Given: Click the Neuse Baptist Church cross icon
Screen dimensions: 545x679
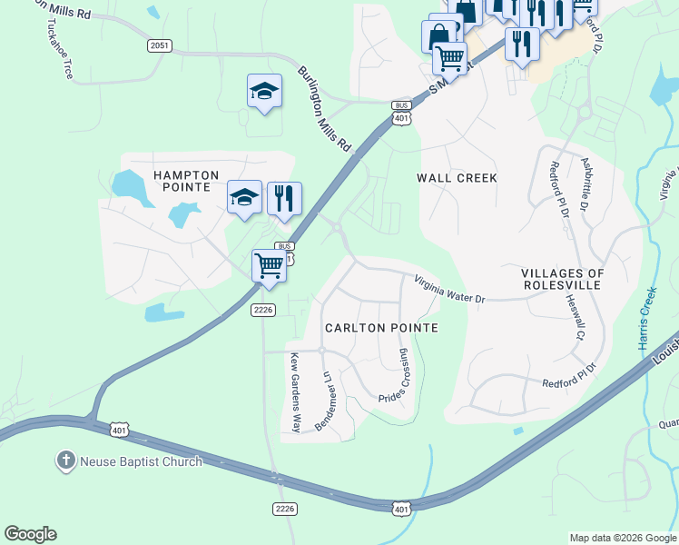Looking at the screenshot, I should click(65, 461).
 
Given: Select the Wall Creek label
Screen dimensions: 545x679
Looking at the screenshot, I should click(457, 178).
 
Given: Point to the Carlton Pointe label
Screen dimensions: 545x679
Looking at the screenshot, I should click(381, 328).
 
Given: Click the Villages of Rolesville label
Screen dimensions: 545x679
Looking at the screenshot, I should click(563, 279).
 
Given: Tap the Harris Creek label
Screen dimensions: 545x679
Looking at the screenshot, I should click(645, 319).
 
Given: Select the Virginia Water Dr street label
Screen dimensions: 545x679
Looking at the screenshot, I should click(450, 290).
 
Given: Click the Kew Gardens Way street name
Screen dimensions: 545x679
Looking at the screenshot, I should click(294, 392).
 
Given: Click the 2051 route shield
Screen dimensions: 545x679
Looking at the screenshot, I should click(160, 45).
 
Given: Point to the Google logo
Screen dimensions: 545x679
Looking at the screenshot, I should click(30, 534).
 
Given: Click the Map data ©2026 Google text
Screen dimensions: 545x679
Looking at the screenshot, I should click(622, 538).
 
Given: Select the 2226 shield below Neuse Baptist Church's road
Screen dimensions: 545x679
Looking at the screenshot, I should click(284, 508).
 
